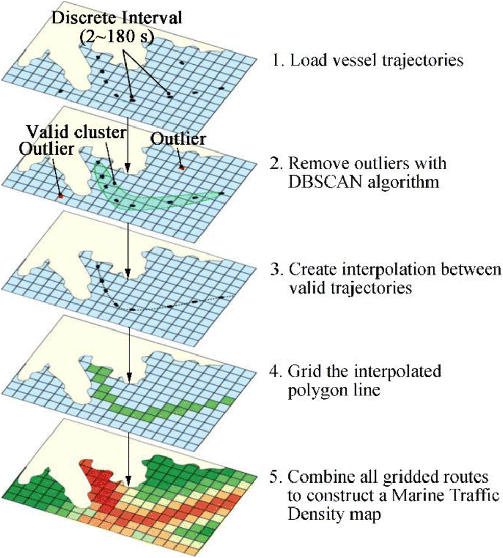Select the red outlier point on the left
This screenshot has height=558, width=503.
tap(60, 195)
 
